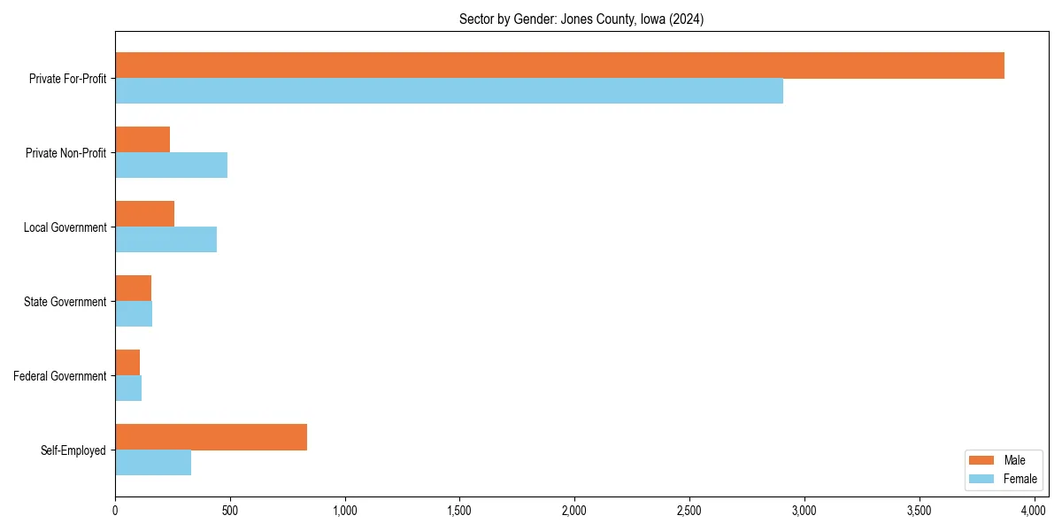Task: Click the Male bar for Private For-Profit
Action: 559,65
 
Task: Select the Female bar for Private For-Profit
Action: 449,91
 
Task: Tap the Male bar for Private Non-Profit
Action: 142,140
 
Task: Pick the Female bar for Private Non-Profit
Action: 171,165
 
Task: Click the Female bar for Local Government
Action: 165,240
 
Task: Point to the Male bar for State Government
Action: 133,289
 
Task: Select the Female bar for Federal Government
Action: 128,389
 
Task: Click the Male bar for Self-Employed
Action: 211,437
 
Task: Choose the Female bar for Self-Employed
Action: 153,463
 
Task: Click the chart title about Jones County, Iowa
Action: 581,19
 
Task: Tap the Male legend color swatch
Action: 981,460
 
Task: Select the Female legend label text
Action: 1020,479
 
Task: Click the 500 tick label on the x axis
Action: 230,511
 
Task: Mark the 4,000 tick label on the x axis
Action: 1034,511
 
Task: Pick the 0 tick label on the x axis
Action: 115,511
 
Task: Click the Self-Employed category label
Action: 73,450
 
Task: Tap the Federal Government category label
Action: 60,376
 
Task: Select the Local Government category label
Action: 65,227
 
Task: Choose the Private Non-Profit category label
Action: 66,153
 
